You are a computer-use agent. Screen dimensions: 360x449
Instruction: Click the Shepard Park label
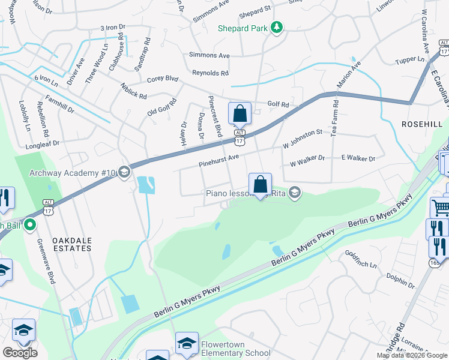pos(242,28)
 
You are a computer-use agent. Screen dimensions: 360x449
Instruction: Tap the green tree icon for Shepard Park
pos(277,27)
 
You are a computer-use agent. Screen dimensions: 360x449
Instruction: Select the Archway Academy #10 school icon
pos(124,173)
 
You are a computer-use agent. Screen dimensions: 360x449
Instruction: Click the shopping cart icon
pos(441,208)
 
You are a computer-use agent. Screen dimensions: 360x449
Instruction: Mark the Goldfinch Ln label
pos(361,259)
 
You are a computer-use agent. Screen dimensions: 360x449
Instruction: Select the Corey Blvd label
pos(163,78)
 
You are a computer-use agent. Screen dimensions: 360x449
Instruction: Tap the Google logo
pos(20,353)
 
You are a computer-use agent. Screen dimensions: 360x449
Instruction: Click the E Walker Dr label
pos(358,158)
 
